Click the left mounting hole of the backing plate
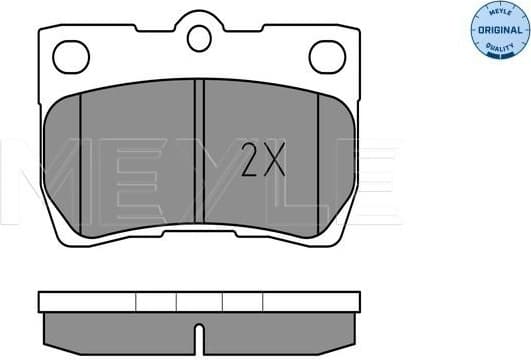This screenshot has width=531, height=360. [71, 57]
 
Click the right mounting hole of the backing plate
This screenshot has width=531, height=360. [327, 57]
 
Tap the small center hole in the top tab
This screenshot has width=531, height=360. [199, 39]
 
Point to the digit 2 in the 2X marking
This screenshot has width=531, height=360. [252, 159]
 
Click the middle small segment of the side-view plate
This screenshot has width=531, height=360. [199, 300]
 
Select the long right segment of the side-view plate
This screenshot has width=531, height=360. [310, 300]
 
